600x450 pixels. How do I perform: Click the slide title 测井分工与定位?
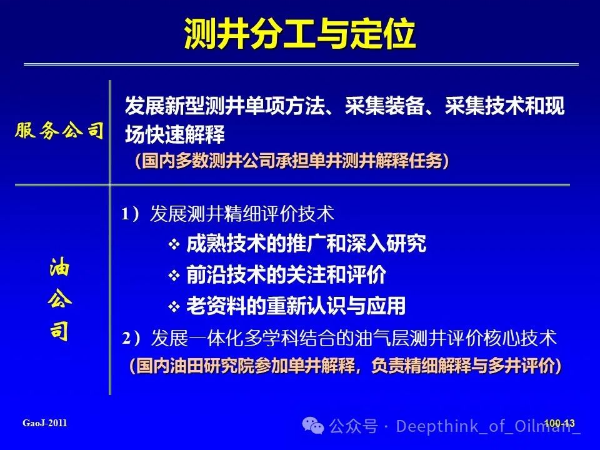coord(299,34)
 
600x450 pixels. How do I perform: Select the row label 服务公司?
coord(59,131)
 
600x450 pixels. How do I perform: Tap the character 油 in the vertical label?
coord(60,267)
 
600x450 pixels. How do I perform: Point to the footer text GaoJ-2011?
coord(45,423)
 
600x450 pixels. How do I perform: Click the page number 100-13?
coord(559,423)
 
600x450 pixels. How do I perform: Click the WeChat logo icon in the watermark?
coord(313,426)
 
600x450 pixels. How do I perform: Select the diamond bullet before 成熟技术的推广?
coord(174,244)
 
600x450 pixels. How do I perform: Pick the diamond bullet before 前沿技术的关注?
coord(174,275)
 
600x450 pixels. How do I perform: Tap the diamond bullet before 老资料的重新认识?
coord(174,306)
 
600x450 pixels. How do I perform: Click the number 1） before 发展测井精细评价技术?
coord(131,214)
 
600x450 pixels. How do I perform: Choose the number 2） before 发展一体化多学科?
coord(131,338)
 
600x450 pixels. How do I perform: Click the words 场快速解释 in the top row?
coord(175,135)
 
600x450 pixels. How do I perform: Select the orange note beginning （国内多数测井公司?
coord(292,161)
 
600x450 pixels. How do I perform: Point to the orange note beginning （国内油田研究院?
coord(346,366)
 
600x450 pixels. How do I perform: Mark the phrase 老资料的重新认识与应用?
coord(296,306)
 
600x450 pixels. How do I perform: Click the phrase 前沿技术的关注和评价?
coord(286,275)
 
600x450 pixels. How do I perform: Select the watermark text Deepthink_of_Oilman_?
coord(488,426)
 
